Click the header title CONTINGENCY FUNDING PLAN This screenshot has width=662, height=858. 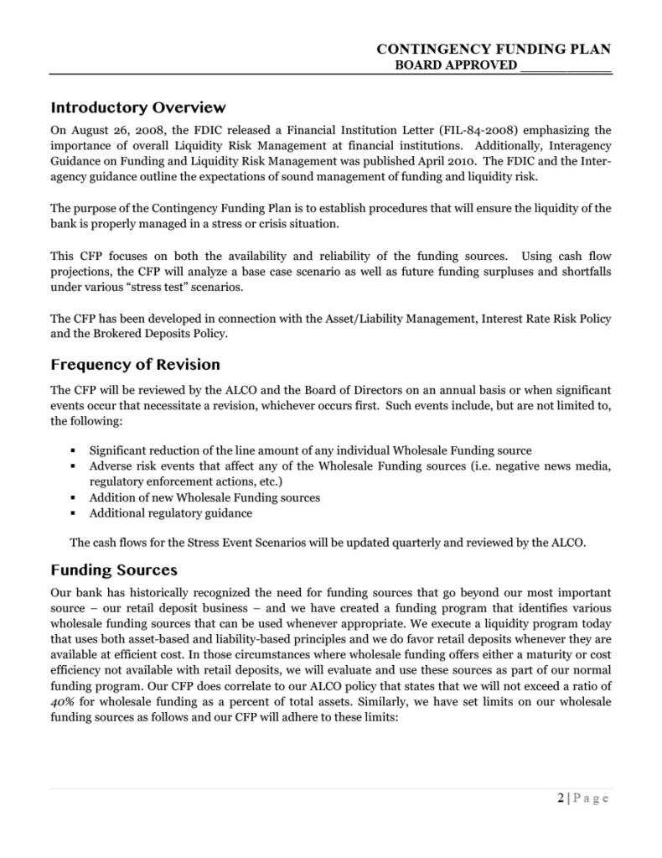pyautogui.click(x=494, y=50)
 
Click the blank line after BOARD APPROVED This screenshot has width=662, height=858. pyautogui.click(x=566, y=66)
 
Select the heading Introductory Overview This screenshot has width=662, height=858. pyautogui.click(x=138, y=107)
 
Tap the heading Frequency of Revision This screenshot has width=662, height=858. pyautogui.click(x=135, y=365)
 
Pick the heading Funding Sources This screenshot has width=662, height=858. pyautogui.click(x=114, y=570)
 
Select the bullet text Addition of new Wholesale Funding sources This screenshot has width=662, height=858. pyautogui.click(x=204, y=497)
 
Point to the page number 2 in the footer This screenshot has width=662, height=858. pyautogui.click(x=560, y=798)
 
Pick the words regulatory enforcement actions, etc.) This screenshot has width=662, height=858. pyautogui.click(x=186, y=481)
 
